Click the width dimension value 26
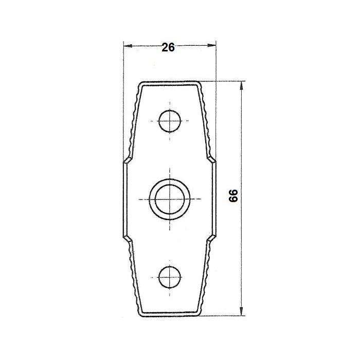pos(168,47)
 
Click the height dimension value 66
pos(233,195)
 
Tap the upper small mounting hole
pos(170,121)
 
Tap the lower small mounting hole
pos(170,277)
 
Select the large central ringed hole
pos(170,199)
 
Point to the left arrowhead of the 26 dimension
pos(128,46)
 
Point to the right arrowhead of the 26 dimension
pos(212,45)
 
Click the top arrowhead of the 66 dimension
pos(241,85)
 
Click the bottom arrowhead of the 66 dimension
pos(241,312)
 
